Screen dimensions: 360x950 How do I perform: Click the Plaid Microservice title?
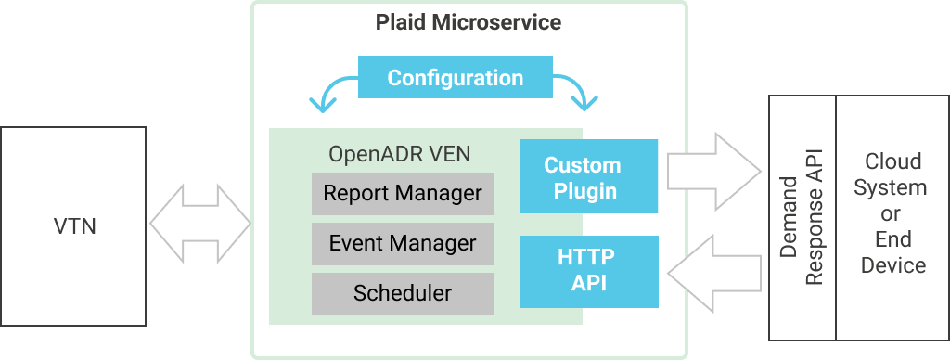point(469,22)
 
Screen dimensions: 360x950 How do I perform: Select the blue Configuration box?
point(455,78)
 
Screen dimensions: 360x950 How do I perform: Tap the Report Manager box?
point(403,193)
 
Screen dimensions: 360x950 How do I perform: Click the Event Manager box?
point(403,243)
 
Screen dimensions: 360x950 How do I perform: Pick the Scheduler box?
point(403,293)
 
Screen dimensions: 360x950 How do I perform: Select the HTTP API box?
point(588,270)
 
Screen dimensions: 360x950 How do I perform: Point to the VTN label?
point(73,225)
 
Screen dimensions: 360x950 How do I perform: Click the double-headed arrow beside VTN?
point(199,223)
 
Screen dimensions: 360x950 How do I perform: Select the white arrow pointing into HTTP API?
point(712,270)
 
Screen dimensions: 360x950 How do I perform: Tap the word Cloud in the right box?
point(892,161)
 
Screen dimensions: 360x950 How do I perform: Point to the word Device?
point(892,265)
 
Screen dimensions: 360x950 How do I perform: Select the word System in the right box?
point(892,187)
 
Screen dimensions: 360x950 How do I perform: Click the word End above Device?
point(892,239)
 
